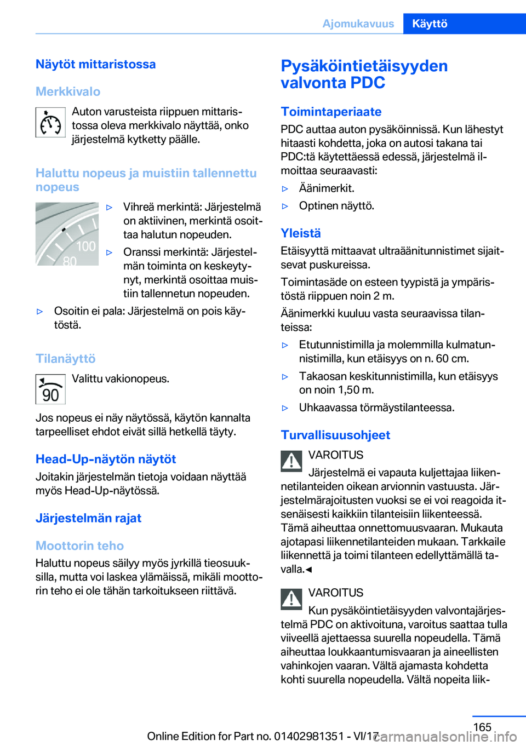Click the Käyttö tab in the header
pos(430,24)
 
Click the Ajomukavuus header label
pos(358,24)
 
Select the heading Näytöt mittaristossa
pos(96,64)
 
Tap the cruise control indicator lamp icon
pos(50,122)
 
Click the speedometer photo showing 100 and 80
pos(67,234)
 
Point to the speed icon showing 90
pos(50,389)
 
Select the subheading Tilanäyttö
pos(66,359)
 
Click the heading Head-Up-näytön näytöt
pos(106,459)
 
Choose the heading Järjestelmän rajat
pos(88,518)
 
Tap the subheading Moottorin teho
pos(79,546)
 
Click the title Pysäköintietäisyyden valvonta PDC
pos(364,74)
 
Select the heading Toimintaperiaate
pos(331,112)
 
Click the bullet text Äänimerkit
pos(327,188)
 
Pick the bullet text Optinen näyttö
pos(336,206)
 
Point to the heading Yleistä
pos(301,233)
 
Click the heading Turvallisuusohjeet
pos(335,435)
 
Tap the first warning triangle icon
pos(291,461)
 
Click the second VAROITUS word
pos(336,593)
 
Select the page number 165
pos(482,727)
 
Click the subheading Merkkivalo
pos(68,91)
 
